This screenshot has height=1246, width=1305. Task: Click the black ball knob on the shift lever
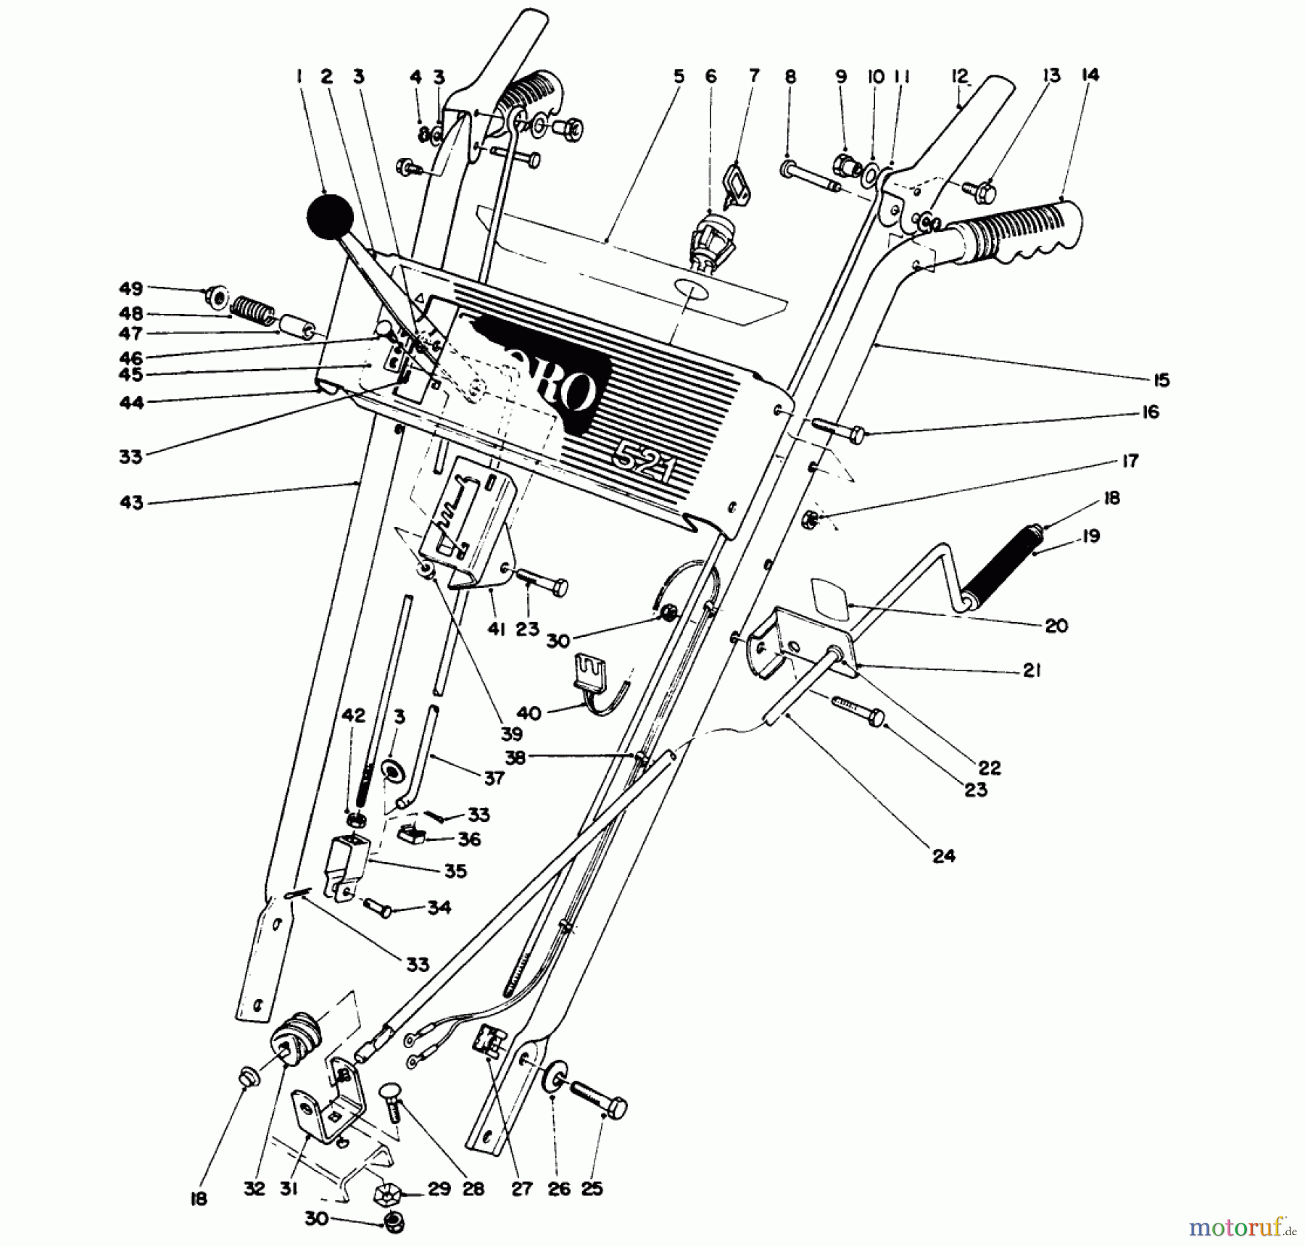pos(329,216)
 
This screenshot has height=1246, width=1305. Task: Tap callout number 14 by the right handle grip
pos(1090,75)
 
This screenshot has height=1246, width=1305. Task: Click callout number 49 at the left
pos(130,288)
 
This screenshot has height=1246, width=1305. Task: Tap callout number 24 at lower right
pos(943,856)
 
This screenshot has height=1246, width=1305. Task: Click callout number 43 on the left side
pos(131,502)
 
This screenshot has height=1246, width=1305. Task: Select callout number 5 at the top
pos(678,75)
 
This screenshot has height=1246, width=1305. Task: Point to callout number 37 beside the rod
pos(494,778)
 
